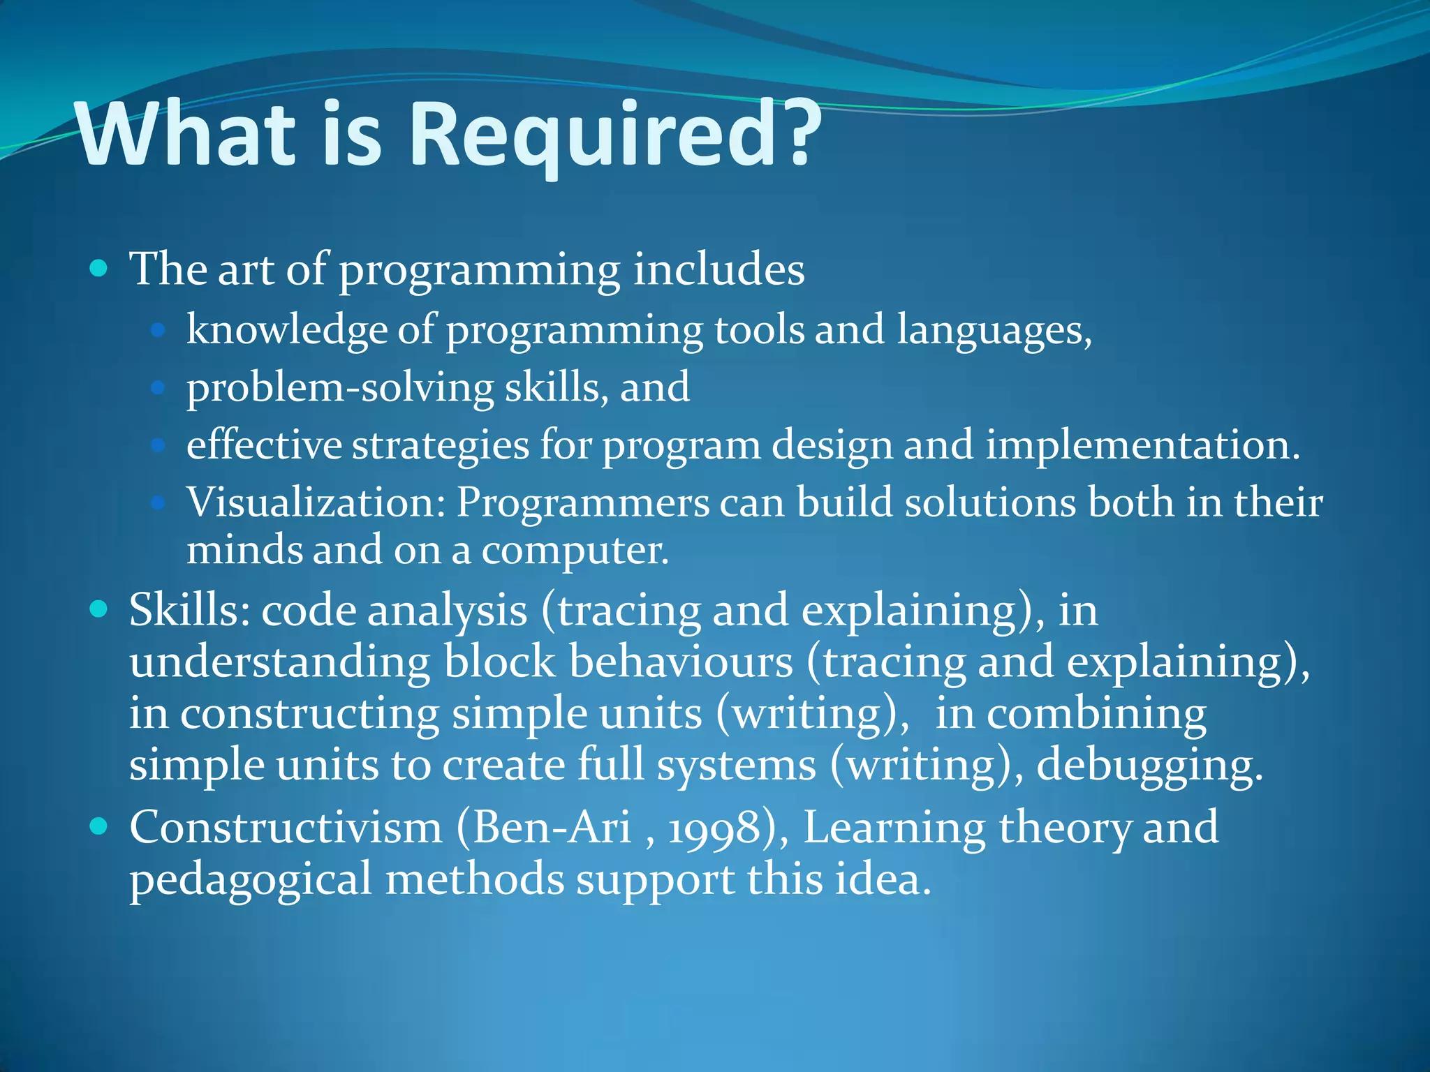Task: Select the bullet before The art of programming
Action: (x=99, y=268)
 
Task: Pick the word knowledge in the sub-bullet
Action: (x=286, y=330)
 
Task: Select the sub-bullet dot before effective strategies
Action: (x=158, y=445)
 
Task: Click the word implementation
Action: (x=1142, y=445)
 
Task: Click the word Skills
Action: (x=189, y=610)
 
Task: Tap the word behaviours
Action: (x=681, y=662)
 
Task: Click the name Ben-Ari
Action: (x=552, y=828)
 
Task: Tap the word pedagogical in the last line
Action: (x=250, y=879)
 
